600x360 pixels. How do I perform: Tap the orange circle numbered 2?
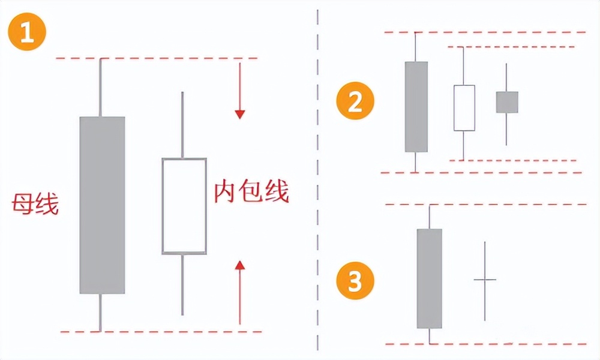pos(355,103)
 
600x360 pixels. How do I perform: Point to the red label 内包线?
pos(251,193)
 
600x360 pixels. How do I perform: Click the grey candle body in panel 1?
pos(102,205)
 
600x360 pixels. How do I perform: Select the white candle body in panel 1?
pos(184,206)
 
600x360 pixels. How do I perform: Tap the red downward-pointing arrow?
pos(240,90)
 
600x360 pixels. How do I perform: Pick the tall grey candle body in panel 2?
pos(416,107)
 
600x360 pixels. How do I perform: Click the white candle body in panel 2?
pos(464,108)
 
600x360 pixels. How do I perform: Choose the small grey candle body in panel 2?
pos(507,102)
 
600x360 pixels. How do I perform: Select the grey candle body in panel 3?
pos(430,278)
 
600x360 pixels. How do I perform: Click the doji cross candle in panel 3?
pos(485,280)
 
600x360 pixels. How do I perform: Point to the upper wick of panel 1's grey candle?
pos(100,88)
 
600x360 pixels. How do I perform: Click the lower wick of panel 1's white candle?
pos(182,284)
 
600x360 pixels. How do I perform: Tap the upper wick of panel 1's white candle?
pos(182,125)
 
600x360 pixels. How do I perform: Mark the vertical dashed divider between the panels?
pos(317,180)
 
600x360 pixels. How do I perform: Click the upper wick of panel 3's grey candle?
pos(430,217)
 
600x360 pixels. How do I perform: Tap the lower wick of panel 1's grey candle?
pos(100,312)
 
